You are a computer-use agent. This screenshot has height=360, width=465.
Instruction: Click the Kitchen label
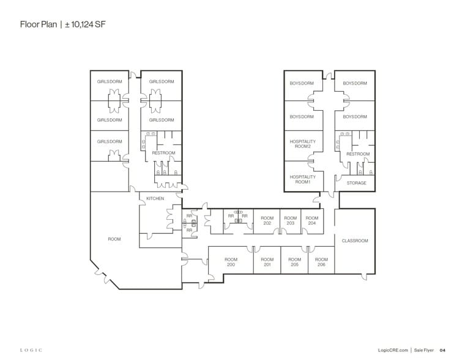[155, 198]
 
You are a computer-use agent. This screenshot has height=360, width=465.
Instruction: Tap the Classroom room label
[355, 241]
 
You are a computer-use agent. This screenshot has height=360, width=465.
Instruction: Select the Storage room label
[357, 183]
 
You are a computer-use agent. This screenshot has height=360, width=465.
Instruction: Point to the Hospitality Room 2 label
[303, 144]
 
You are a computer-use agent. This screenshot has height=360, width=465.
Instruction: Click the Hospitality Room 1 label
[303, 179]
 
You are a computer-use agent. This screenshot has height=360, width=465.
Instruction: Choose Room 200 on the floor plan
[231, 262]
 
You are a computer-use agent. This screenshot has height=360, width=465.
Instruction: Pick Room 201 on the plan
[267, 262]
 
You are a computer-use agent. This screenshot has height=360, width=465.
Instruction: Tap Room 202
[267, 220]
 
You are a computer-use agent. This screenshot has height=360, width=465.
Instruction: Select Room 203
[291, 220]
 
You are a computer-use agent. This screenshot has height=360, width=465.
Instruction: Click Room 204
[311, 220]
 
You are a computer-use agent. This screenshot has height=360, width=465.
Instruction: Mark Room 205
[294, 262]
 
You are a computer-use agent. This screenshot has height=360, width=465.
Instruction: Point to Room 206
[321, 262]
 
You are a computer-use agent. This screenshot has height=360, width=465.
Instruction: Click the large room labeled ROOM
[114, 239]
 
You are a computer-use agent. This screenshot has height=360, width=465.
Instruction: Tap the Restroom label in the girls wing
[163, 153]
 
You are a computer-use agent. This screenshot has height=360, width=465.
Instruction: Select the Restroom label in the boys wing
[358, 154]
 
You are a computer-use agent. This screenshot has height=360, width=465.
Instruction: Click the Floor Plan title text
[39, 24]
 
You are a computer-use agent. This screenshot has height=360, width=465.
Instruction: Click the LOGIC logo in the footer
[31, 350]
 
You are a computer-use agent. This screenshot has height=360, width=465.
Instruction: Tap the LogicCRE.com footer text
[393, 350]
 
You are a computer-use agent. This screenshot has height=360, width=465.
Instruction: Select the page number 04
[442, 350]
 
